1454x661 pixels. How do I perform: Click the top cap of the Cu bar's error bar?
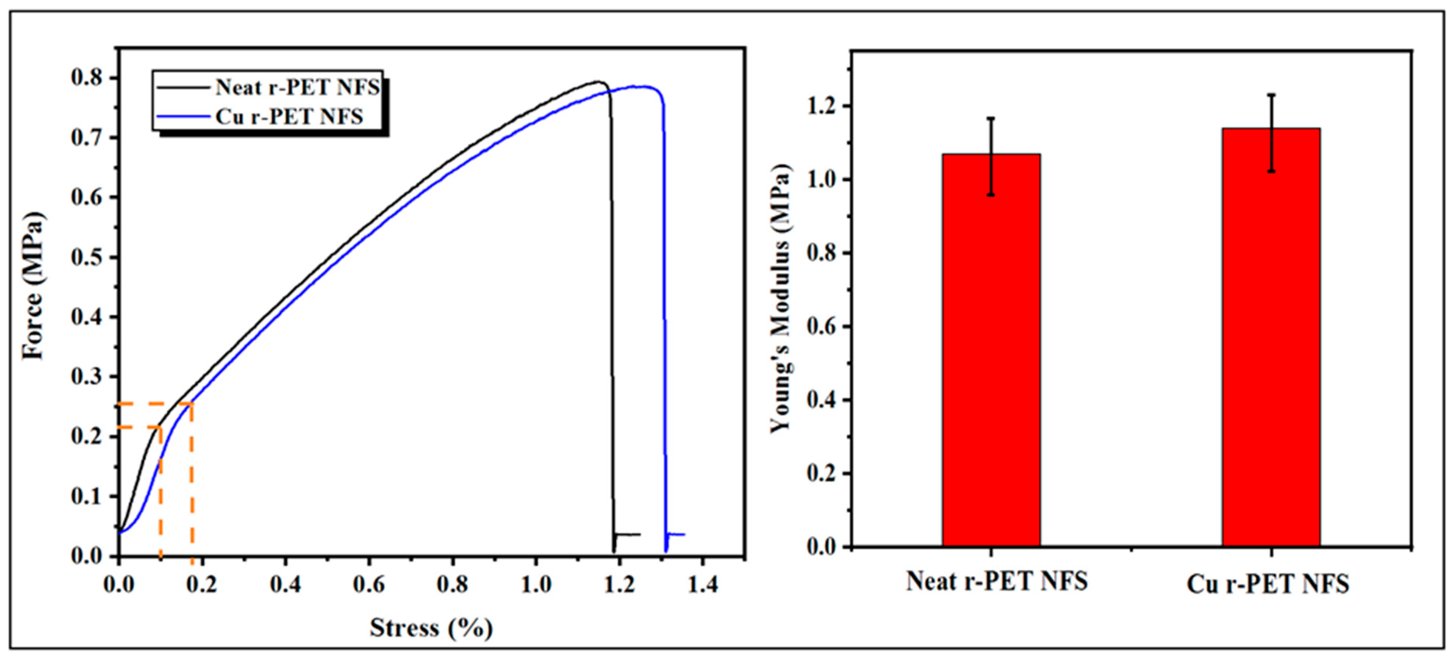coord(1271,95)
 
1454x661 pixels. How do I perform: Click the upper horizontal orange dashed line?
coord(155,404)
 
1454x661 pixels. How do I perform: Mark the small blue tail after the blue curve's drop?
coord(676,534)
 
